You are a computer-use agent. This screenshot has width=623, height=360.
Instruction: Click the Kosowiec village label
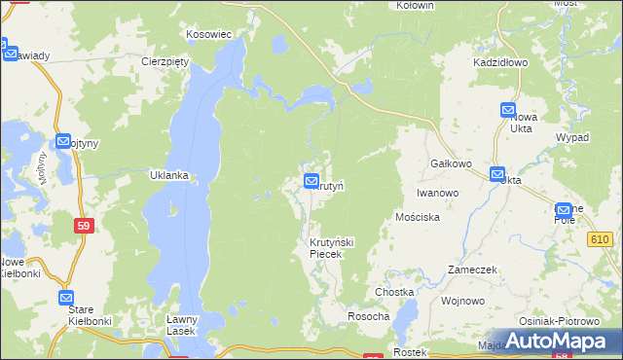click(209, 34)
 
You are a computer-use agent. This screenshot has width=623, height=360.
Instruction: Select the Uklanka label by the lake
click(167, 176)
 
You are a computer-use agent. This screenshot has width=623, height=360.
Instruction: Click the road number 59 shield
click(85, 226)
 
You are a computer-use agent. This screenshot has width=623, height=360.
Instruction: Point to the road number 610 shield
click(599, 239)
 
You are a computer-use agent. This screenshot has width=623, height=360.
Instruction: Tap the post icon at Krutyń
click(311, 180)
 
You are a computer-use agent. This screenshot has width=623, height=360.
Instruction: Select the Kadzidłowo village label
click(499, 61)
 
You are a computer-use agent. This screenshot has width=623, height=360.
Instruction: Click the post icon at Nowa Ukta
click(508, 111)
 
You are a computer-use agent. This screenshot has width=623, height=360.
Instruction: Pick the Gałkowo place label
click(453, 164)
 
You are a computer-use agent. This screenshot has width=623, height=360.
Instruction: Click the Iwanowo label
click(437, 193)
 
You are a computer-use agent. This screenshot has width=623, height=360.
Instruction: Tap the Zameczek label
click(472, 269)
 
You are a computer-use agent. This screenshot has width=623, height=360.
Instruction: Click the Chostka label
click(394, 292)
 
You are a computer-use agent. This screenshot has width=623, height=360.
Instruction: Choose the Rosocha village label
click(369, 317)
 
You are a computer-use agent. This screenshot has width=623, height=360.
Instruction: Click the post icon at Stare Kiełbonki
click(66, 298)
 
